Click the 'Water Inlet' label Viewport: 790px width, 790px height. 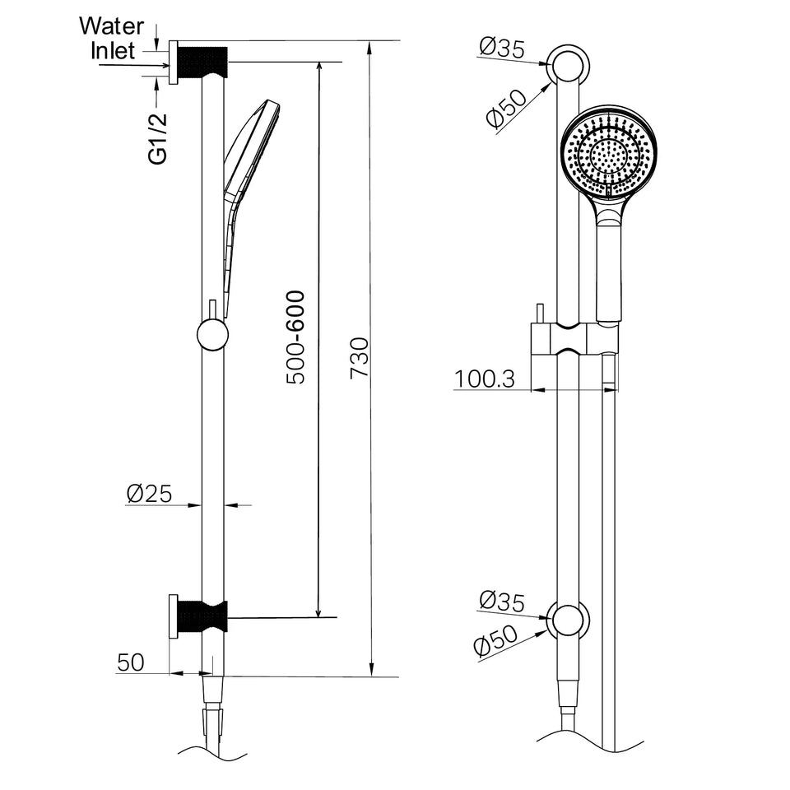point(111,39)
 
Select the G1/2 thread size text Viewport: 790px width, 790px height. point(158,138)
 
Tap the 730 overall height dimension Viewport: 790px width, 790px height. point(360,358)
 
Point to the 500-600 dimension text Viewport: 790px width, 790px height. point(295,337)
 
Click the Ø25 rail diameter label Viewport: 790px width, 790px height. point(149,493)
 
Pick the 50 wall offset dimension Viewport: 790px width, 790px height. point(131,662)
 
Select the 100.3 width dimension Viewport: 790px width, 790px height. point(485,379)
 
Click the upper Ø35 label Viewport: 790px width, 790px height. point(502,49)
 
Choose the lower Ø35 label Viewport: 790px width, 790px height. point(502,601)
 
